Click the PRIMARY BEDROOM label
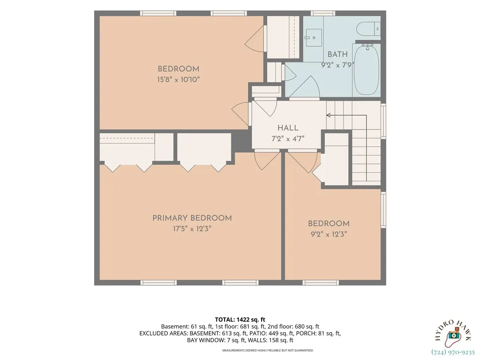coord(192,218)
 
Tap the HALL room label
coord(288,128)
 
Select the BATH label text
coord(337,54)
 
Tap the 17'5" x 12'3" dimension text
coord(192,229)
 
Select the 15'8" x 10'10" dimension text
coord(179,80)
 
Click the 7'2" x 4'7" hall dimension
coord(288,139)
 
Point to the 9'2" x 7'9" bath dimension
coord(337,65)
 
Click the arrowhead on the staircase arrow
coord(329,115)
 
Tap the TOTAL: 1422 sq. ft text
coord(240,320)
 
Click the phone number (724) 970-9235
coord(453,352)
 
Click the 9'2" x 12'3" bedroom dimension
coord(329,234)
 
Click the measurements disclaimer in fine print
coord(268,350)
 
